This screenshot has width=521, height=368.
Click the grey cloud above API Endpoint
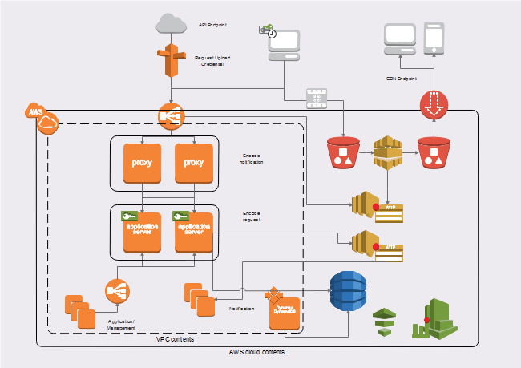pos(172,24)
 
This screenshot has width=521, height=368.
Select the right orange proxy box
pos(194,163)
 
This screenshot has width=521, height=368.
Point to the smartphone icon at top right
pos(434,38)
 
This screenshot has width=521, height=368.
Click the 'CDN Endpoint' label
pos(402,79)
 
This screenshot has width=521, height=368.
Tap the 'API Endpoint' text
pos(212,26)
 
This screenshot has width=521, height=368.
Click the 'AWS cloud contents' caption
pos(256,352)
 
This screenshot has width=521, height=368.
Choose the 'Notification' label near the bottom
pos(243,309)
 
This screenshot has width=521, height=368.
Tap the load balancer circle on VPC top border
pos(172,116)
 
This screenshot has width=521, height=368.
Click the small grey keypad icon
pos(317,98)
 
